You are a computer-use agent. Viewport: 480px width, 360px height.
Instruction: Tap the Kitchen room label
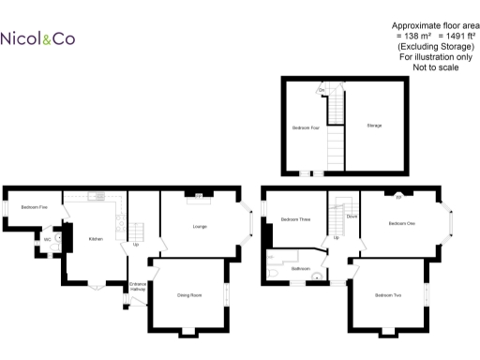point(96,239)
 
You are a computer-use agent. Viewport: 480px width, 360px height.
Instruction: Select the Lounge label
point(200,227)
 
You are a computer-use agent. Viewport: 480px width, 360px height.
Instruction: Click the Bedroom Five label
point(35,207)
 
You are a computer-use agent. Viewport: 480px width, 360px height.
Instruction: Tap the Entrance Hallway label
point(137,286)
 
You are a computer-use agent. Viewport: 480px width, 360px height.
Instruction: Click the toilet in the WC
point(58,238)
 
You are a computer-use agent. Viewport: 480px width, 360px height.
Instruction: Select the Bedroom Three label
point(294,219)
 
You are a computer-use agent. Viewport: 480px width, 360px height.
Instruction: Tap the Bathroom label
point(301,269)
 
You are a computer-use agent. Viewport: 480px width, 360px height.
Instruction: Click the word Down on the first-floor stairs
point(352,217)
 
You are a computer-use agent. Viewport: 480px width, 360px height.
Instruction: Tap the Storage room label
point(374,125)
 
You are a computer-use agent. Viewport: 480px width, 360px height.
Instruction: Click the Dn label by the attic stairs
point(322,90)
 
